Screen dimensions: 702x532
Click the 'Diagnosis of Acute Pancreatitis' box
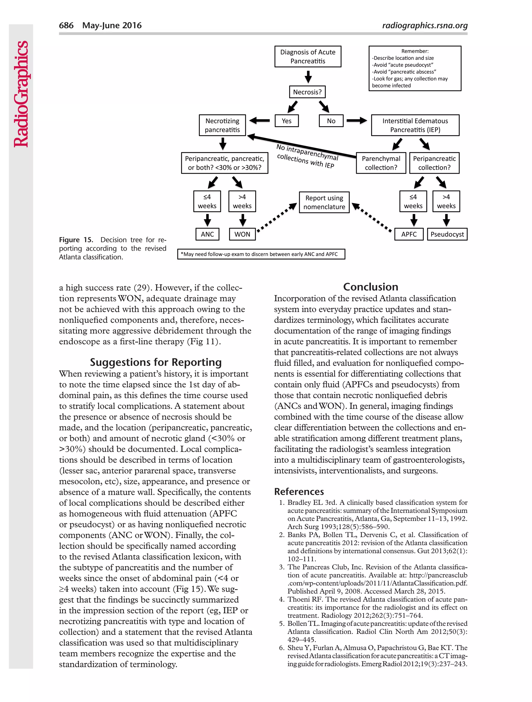(308, 56)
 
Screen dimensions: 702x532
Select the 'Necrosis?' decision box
(307, 92)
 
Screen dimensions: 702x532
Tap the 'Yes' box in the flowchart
(286, 121)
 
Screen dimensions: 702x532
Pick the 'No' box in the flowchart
(331, 121)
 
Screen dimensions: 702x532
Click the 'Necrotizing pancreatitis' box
(222, 125)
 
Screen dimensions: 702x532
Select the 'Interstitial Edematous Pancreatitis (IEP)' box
(415, 125)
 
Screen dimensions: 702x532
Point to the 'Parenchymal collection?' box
(381, 163)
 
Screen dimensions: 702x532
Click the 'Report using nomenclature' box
(324, 202)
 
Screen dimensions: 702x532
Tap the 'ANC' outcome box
(207, 234)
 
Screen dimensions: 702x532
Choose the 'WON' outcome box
(242, 234)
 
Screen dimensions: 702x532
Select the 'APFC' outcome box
(408, 234)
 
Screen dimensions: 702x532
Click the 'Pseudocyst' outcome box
(447, 234)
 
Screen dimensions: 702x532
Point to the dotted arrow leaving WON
(276, 218)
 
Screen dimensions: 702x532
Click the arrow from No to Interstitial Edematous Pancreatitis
(356, 121)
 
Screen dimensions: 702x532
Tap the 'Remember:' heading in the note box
(414, 51)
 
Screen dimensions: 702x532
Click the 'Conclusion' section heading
(370, 287)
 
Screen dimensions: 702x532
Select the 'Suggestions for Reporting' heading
(156, 362)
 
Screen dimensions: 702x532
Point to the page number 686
(66, 25)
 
